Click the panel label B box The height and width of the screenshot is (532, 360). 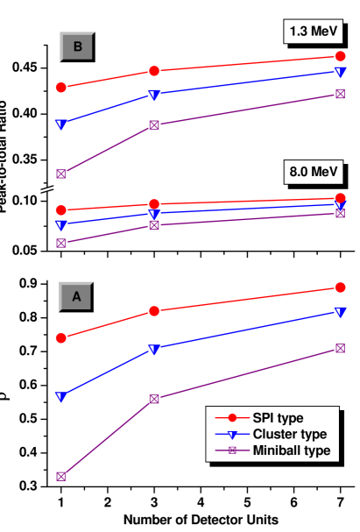pyautogui.click(x=77, y=47)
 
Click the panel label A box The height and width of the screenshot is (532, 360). pyautogui.click(x=76, y=296)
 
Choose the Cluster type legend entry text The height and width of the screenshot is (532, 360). pyautogui.click(x=289, y=434)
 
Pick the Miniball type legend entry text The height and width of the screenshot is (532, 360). pyautogui.click(x=292, y=450)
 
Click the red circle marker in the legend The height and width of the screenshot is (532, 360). pyautogui.click(x=232, y=418)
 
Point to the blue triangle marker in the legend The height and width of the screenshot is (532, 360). pyautogui.click(x=232, y=434)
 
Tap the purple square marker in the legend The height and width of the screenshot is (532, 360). pyautogui.click(x=232, y=450)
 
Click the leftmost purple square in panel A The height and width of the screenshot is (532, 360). pyautogui.click(x=61, y=477)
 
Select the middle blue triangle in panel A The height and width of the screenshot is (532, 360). pyautogui.click(x=154, y=350)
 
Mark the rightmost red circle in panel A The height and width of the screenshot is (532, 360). pyautogui.click(x=340, y=287)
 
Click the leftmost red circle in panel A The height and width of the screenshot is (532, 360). pyautogui.click(x=61, y=337)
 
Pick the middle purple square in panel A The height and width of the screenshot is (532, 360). pyautogui.click(x=154, y=399)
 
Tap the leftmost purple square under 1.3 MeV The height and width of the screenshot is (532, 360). pyautogui.click(x=61, y=174)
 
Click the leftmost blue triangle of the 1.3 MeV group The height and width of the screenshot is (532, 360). pyautogui.click(x=60, y=124)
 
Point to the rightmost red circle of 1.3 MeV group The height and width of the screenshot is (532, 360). pyautogui.click(x=340, y=57)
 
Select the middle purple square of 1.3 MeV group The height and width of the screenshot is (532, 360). pyautogui.click(x=154, y=124)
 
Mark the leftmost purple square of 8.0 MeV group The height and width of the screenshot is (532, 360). pyautogui.click(x=61, y=243)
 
